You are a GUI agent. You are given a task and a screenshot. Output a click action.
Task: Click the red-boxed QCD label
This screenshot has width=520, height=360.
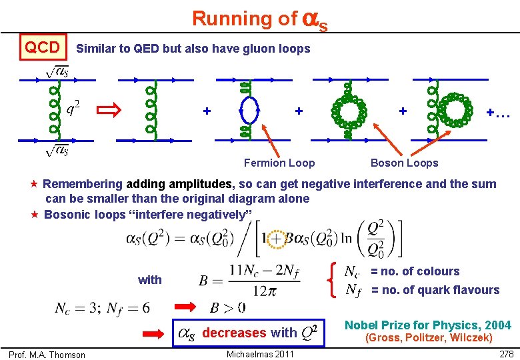(x=42, y=47)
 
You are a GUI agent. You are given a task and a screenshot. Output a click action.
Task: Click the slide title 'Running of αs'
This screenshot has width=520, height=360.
(x=259, y=19)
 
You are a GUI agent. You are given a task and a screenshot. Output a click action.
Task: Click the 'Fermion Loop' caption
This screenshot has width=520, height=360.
(x=279, y=163)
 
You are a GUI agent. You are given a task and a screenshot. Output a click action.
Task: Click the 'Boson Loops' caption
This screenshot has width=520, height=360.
(x=404, y=163)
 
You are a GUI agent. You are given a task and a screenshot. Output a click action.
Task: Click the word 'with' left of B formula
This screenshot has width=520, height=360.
(x=150, y=280)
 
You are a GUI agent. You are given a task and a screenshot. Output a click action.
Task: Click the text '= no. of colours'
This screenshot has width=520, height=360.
(x=415, y=271)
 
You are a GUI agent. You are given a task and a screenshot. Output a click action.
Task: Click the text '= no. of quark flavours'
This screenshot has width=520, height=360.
(x=435, y=289)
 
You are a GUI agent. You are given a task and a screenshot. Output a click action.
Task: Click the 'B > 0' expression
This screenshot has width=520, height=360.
(x=228, y=308)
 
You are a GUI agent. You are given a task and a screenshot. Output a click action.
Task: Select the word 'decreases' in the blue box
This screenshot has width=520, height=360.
(x=234, y=333)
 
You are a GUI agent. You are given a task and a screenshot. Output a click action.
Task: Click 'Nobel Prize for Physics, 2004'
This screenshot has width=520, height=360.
(x=427, y=325)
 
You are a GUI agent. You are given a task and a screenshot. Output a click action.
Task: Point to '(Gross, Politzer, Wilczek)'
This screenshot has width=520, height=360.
(x=428, y=338)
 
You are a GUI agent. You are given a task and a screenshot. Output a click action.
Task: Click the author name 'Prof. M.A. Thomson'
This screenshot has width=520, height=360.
(x=47, y=355)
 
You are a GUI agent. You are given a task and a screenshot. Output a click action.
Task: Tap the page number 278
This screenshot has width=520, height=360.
(x=506, y=353)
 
